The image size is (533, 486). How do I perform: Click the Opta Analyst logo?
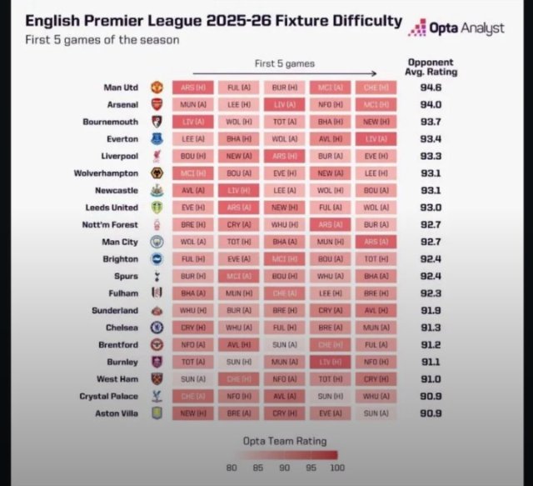point(457,28)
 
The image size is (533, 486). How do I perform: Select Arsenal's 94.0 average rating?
point(431,104)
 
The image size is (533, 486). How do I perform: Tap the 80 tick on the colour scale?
point(232,467)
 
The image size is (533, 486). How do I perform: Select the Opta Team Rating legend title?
point(285,440)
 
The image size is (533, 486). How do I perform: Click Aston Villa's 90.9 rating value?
point(431,413)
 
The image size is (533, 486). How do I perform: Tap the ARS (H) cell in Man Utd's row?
point(195,87)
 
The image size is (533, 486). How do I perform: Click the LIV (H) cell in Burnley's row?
point(331,361)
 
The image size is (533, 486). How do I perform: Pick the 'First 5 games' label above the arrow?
point(285,63)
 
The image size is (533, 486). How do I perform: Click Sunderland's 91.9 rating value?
point(431,310)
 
